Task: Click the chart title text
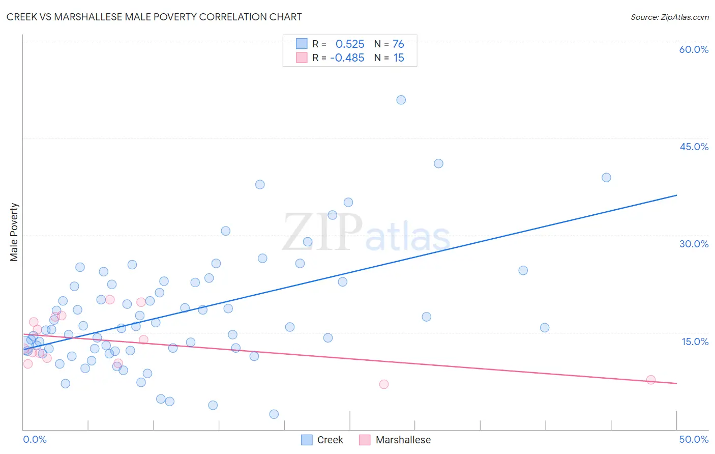pyautogui.click(x=154, y=17)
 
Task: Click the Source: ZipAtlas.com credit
pyautogui.click(x=669, y=17)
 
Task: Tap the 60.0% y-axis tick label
pyautogui.click(x=694, y=49)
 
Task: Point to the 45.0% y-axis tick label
pyautogui.click(x=694, y=147)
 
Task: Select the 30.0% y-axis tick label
pyautogui.click(x=694, y=244)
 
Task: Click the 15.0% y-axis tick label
pyautogui.click(x=695, y=341)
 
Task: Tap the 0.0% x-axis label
pyautogui.click(x=35, y=439)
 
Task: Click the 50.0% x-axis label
pyautogui.click(x=694, y=439)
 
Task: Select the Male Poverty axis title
pyautogui.click(x=14, y=232)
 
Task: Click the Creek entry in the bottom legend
pyautogui.click(x=322, y=440)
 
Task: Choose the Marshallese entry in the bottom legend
pyautogui.click(x=395, y=440)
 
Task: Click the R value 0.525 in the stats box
pyautogui.click(x=350, y=44)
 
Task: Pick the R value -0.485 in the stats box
pyautogui.click(x=347, y=58)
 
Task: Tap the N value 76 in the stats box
pyautogui.click(x=398, y=44)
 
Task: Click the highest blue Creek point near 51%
pyautogui.click(x=401, y=100)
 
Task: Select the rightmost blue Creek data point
pyautogui.click(x=606, y=178)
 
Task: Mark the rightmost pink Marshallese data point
pyautogui.click(x=650, y=380)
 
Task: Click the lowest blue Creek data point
pyautogui.click(x=274, y=414)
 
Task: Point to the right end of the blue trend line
pyautogui.click(x=676, y=195)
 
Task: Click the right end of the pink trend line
pyautogui.click(x=676, y=383)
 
